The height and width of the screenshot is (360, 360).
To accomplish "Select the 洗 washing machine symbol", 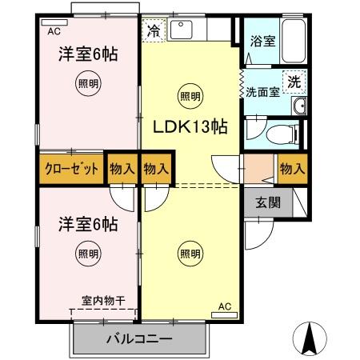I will coord(294,81).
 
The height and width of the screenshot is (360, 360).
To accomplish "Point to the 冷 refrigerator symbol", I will coord(154,33).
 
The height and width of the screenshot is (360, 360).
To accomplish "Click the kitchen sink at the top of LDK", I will coord(183,30).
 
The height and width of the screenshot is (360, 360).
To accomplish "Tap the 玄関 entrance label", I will coord(268,202).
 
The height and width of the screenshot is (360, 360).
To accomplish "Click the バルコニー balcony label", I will coord(139,338).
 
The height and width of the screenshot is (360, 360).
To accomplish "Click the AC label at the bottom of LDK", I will coord(224,306).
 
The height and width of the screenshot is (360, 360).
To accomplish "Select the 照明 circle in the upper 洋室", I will coord(88,82).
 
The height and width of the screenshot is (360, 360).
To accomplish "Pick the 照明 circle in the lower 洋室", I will coord(88,254).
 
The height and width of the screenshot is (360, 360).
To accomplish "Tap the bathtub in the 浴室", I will coord(294,40).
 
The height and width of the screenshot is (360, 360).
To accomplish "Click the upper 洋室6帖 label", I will coord(88,54).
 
